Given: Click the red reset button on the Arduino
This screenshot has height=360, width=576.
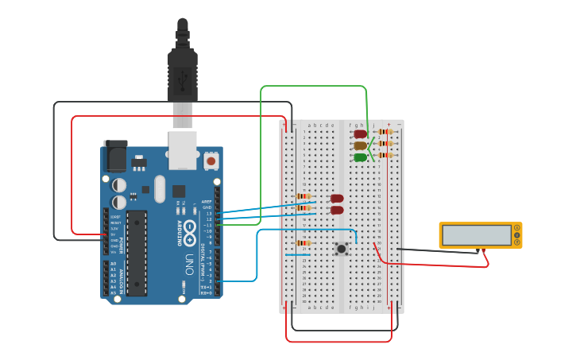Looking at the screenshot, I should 211,161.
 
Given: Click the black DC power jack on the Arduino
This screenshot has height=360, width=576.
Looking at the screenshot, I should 115,156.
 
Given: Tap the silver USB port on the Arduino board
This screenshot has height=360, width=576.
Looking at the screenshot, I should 183,150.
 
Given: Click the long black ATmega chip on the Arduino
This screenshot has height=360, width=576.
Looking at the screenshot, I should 137,254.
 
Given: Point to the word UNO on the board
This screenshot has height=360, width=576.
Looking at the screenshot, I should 188,262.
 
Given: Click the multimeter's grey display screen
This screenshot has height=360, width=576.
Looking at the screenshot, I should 477,235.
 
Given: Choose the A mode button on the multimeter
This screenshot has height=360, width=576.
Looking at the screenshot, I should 517,228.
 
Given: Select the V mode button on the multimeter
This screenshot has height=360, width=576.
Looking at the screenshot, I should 517,235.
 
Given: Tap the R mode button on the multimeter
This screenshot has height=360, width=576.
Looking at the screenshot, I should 517,242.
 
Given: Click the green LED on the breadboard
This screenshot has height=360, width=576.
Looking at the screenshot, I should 361,157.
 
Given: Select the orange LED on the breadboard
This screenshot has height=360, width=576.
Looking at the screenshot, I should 361,145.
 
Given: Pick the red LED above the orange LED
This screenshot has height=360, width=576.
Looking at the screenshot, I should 361,134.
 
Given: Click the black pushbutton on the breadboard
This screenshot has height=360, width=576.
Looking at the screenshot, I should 342,249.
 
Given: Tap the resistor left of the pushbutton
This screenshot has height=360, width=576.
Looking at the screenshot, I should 303,243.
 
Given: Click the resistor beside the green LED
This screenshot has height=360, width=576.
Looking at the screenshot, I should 385,155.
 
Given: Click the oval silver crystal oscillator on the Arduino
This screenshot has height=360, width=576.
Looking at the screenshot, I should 160,188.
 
